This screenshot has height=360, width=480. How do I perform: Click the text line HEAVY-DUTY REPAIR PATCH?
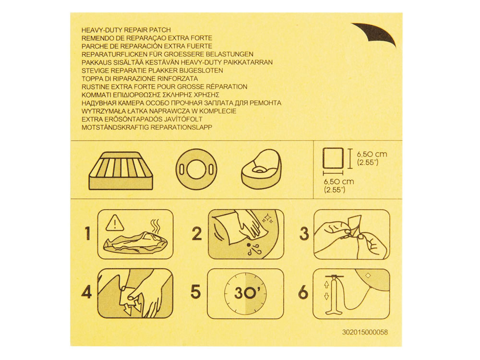(126, 30)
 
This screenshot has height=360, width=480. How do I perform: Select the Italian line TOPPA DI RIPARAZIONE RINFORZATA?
(140, 79)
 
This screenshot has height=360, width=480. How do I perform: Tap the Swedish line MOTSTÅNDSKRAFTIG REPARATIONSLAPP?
(147, 127)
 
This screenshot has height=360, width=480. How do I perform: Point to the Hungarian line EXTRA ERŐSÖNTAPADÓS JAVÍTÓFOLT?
(142, 119)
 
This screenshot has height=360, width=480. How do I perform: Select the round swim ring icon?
(196, 169)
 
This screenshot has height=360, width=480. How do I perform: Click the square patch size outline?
(333, 157)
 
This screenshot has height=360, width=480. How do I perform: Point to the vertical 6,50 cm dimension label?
(372, 158)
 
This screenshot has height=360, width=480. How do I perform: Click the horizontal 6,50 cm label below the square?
(339, 185)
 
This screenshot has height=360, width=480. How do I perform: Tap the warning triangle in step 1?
(115, 223)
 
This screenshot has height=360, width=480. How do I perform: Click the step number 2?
(197, 234)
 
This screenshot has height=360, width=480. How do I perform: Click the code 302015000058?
(365, 332)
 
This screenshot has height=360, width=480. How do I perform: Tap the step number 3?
(304, 234)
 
